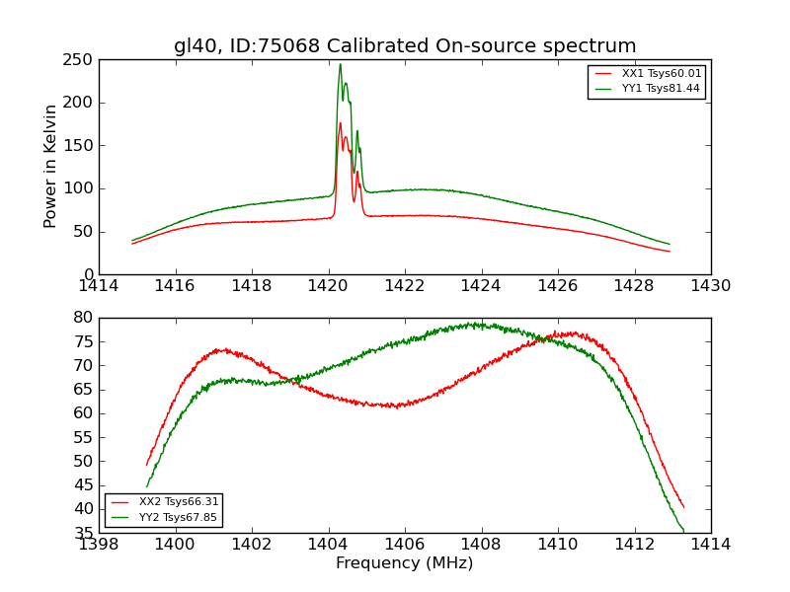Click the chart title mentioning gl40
(405, 46)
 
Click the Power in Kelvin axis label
(50, 167)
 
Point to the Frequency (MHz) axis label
(405, 563)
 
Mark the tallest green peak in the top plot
(340, 65)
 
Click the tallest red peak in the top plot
(340, 123)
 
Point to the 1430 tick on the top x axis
(711, 286)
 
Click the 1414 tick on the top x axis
(100, 286)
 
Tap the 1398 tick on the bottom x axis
(100, 545)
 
